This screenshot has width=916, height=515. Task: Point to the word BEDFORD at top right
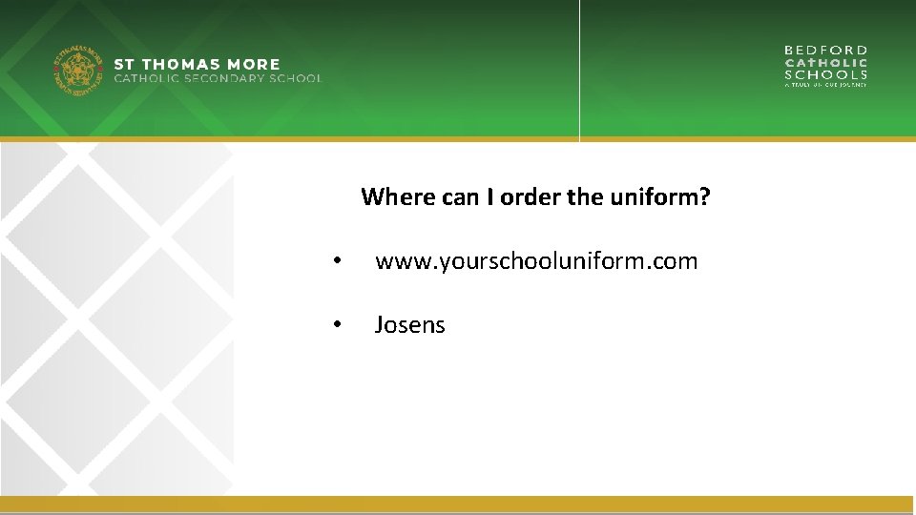pyautogui.click(x=825, y=50)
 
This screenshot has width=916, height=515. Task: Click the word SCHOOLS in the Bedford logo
pyautogui.click(x=825, y=74)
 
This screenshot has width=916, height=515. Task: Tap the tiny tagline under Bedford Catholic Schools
pyautogui.click(x=825, y=85)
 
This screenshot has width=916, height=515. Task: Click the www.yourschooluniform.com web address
pyautogui.click(x=536, y=260)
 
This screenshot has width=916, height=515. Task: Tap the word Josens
pyautogui.click(x=409, y=324)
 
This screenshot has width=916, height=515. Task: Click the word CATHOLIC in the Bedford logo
pyautogui.click(x=825, y=62)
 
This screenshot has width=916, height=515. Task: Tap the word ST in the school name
pyautogui.click(x=124, y=65)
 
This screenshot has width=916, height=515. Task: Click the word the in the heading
pyautogui.click(x=584, y=197)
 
